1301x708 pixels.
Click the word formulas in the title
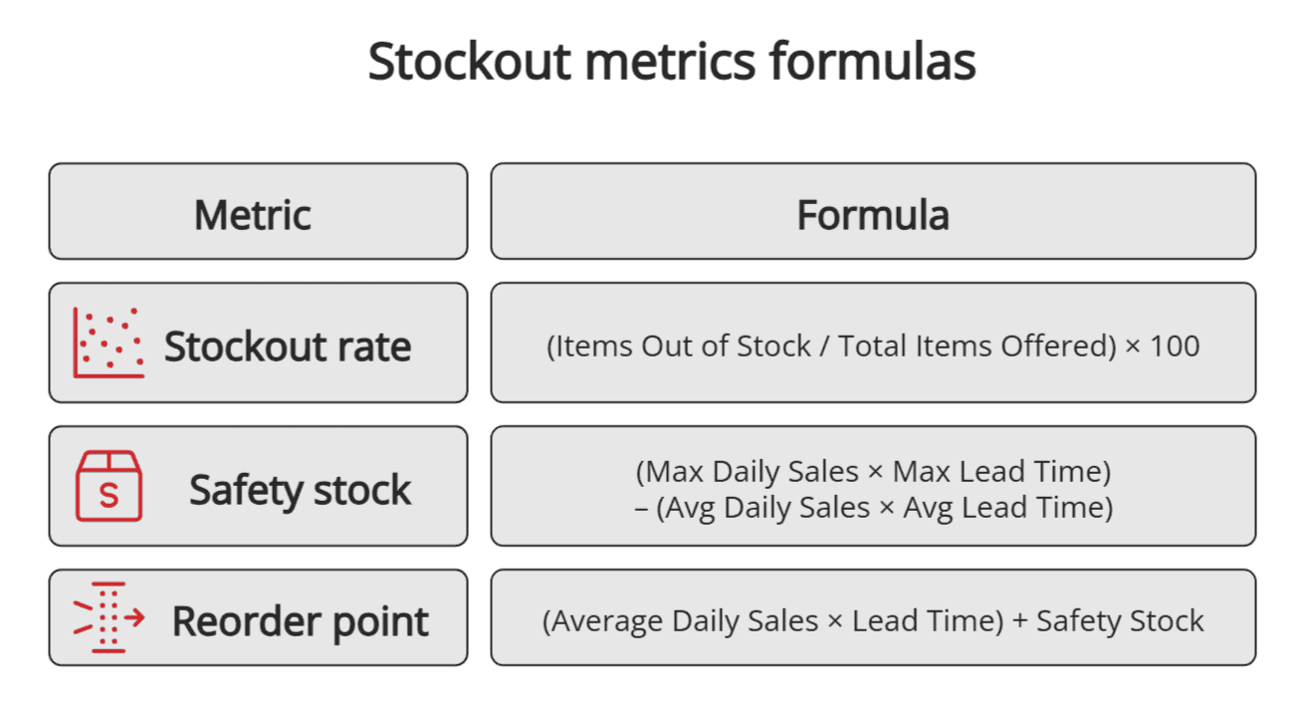pyautogui.click(x=872, y=62)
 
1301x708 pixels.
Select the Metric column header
pyautogui.click(x=253, y=215)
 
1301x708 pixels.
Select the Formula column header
pyautogui.click(x=872, y=215)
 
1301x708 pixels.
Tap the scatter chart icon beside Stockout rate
pyautogui.click(x=108, y=343)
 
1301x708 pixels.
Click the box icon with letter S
pyautogui.click(x=108, y=485)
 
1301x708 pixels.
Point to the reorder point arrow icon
pyautogui.click(x=108, y=617)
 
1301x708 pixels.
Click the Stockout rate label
pyautogui.click(x=287, y=347)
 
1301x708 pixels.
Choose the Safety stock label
pyautogui.click(x=300, y=490)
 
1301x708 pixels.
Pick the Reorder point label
pyautogui.click(x=300, y=621)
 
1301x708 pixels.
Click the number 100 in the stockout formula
pyautogui.click(x=1175, y=347)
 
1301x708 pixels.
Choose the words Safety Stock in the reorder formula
pyautogui.click(x=1120, y=621)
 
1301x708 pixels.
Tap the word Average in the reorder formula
pyautogui.click(x=607, y=621)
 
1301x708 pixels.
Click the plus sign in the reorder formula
pyautogui.click(x=1019, y=621)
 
